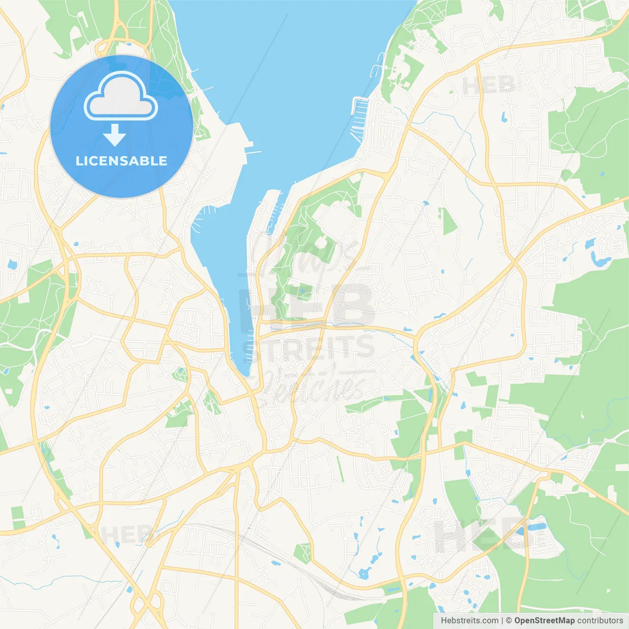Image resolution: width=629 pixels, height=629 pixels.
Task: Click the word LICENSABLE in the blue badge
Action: [x=121, y=161]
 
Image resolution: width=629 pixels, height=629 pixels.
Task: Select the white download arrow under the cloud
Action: [x=114, y=136]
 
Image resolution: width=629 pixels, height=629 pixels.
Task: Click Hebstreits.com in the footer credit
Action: [x=469, y=621]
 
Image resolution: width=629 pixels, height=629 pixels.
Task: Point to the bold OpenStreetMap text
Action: [x=544, y=621]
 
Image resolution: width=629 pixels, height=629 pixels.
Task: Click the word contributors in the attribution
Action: [x=600, y=621]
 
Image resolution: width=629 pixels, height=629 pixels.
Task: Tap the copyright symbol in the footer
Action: [x=509, y=621]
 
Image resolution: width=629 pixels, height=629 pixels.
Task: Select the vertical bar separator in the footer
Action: [x=502, y=621]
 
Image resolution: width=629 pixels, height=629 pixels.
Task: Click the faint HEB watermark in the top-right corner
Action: [x=488, y=86]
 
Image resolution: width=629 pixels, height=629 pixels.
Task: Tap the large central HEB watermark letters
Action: [x=307, y=305]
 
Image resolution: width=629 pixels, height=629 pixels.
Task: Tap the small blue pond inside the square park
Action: [x=304, y=291]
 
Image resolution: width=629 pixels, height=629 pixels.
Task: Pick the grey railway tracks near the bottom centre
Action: [x=295, y=565]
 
